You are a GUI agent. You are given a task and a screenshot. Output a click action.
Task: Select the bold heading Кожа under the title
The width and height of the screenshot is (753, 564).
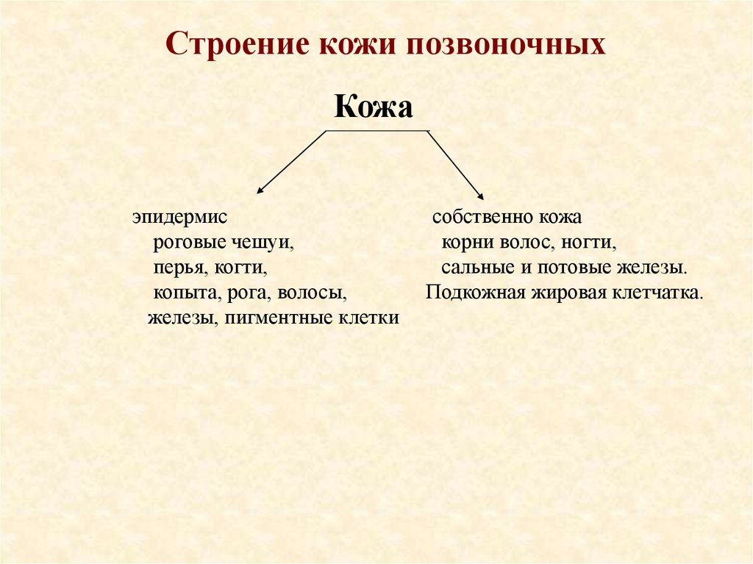(374, 107)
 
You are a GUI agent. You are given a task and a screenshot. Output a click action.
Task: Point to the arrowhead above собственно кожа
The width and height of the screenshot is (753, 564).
(480, 196)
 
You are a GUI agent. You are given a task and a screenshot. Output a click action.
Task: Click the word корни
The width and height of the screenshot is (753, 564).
(465, 243)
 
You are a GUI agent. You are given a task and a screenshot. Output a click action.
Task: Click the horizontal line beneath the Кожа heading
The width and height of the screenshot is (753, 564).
(376, 131)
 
